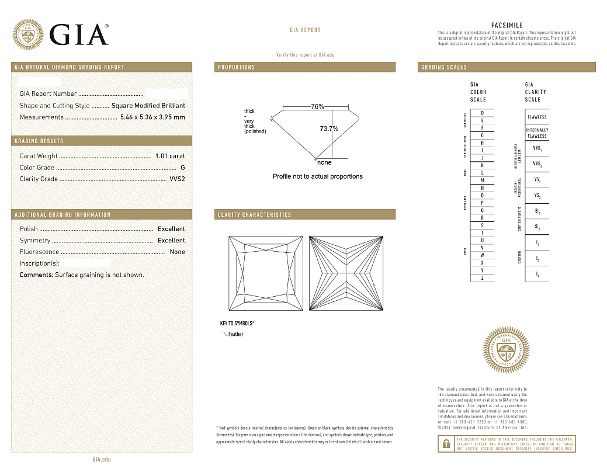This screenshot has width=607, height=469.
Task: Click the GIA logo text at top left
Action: (79, 34)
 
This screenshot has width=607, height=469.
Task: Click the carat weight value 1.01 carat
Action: (170, 156)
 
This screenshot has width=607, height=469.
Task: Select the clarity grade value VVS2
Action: (177, 179)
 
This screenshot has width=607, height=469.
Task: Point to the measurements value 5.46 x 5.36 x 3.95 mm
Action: (152, 117)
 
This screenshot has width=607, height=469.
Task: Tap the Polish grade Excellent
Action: (171, 229)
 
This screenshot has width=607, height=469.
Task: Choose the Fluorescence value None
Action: (177, 252)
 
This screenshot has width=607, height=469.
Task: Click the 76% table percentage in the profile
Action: (317, 107)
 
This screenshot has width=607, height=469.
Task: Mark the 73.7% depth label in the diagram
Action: (329, 128)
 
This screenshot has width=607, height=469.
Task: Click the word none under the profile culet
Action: (324, 162)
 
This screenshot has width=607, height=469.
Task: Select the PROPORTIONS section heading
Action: (237, 67)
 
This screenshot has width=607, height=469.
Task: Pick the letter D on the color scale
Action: (482, 113)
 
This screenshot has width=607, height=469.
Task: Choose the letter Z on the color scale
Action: (482, 278)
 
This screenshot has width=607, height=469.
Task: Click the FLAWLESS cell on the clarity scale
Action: (537, 117)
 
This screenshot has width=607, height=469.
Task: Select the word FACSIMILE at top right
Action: (507, 26)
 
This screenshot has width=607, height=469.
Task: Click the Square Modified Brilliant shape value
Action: (148, 106)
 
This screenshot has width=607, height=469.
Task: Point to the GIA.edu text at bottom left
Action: (102, 460)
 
